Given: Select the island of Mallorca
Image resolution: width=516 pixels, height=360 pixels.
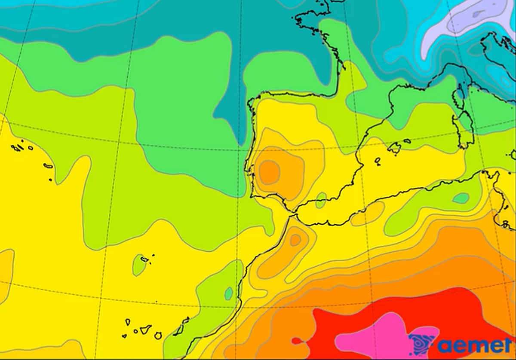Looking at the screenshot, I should coord(395,148).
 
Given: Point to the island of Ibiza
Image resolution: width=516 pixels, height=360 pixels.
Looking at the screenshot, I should coord(377,161).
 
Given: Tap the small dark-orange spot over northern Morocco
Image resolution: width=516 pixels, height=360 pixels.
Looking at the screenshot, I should coord(295,240).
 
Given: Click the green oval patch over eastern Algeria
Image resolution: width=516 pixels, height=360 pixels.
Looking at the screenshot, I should coord(461,198).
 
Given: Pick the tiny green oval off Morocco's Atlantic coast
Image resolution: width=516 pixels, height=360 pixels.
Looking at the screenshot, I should coord(229,293).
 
